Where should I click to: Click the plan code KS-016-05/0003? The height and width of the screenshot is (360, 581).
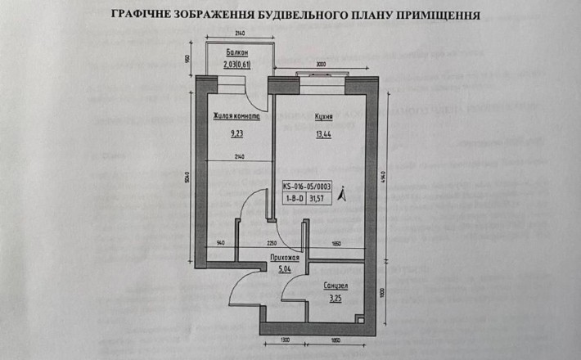(305, 186)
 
